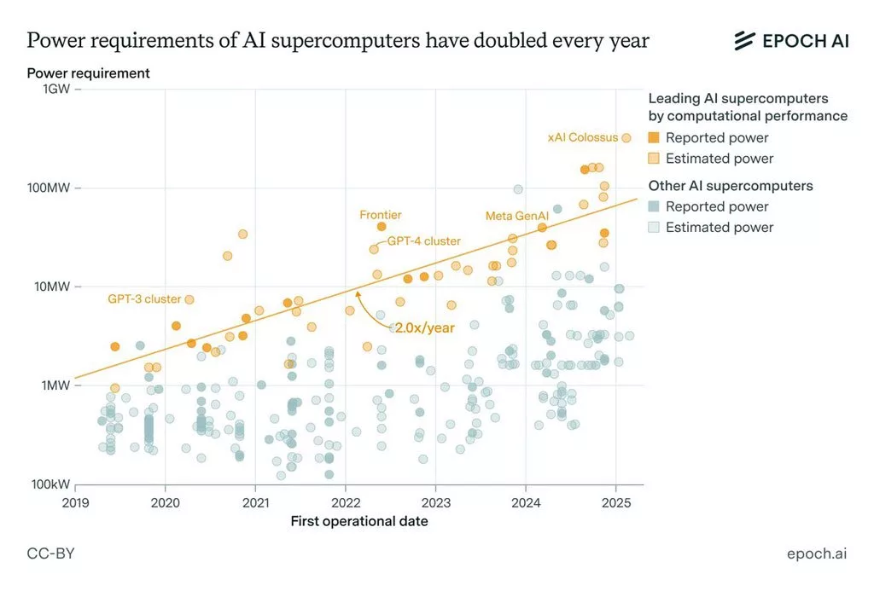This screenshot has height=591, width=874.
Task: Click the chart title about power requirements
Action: point(337,40)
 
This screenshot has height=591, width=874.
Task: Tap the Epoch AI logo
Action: point(791,40)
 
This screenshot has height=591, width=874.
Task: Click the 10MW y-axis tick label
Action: point(51,287)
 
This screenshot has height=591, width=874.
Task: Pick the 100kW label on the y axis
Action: point(50,484)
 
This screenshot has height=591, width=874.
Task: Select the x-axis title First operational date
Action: point(358,521)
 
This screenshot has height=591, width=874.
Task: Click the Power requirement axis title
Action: point(88,73)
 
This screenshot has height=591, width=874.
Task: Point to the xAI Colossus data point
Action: point(626,137)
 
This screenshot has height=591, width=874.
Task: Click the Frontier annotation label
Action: point(380,215)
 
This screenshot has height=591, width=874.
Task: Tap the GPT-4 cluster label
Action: point(423,241)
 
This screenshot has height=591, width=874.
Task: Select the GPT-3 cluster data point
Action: point(189,299)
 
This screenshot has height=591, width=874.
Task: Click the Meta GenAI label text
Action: point(516,216)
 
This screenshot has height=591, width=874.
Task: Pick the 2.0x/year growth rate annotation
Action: point(423,327)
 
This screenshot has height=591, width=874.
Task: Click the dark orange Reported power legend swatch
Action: point(654,138)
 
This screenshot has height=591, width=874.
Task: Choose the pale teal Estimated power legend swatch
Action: point(654,228)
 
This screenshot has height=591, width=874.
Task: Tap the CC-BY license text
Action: point(50,553)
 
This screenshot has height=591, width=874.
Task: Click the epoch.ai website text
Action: point(817,553)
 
